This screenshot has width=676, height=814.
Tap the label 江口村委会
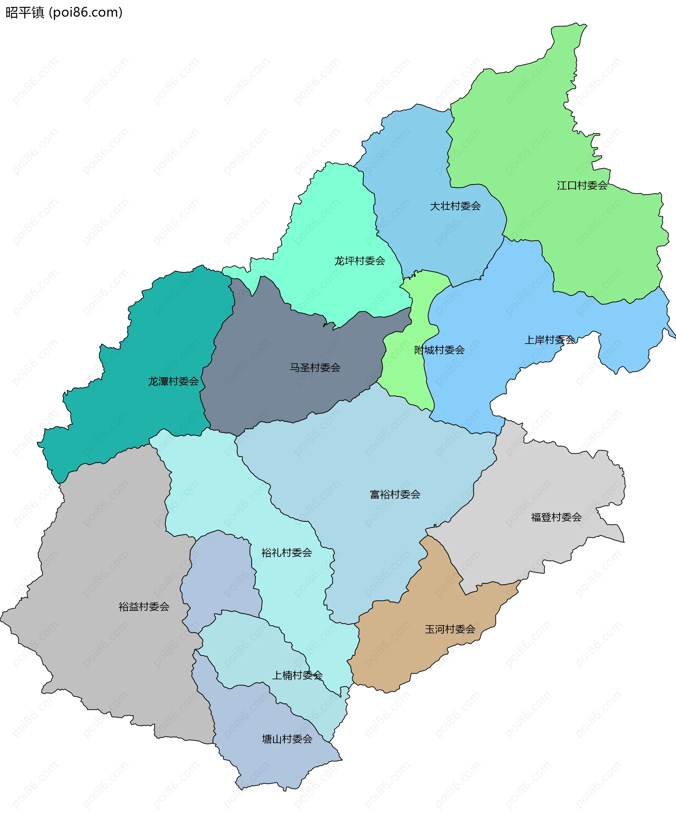coord(582,186)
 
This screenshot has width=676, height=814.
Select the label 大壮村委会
coord(455,206)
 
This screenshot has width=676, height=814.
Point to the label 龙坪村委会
coord(359,261)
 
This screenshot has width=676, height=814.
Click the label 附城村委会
coord(439,351)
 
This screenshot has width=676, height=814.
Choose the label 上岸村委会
coord(549,340)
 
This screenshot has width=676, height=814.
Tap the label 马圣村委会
coord(315,368)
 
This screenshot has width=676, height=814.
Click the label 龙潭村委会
coord(173,381)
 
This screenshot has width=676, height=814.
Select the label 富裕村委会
coord(395,494)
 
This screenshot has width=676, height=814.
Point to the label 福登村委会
coord(556,517)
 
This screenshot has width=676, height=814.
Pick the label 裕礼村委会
coord(287,553)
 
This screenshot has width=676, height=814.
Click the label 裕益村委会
coord(144,607)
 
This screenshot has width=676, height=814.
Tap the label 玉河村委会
coord(450,629)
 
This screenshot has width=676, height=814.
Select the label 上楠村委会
coord(297,675)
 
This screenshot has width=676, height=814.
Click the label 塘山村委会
coord(287,739)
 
